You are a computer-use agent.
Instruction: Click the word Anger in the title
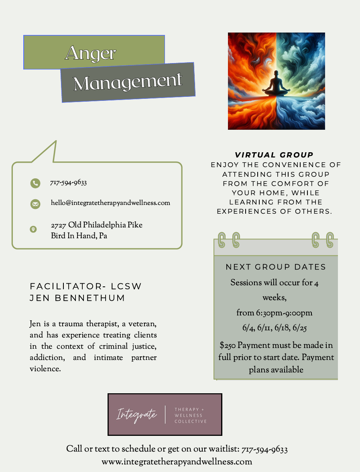click(x=91, y=53)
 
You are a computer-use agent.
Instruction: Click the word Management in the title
click(x=128, y=82)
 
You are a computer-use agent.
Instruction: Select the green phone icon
click(x=35, y=183)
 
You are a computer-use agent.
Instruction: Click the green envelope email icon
click(x=35, y=204)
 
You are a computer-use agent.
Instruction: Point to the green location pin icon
click(x=33, y=229)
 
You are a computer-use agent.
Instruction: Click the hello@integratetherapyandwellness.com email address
click(x=110, y=203)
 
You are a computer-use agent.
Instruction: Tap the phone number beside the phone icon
click(x=68, y=183)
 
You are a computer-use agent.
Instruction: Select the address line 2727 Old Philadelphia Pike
click(x=97, y=225)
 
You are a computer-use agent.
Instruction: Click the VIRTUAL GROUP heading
click(x=274, y=155)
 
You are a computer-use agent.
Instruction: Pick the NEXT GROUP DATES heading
click(x=276, y=267)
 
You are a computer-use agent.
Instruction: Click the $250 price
click(x=228, y=345)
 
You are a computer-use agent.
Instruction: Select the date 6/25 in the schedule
click(x=300, y=328)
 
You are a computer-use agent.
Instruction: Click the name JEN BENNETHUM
click(x=77, y=298)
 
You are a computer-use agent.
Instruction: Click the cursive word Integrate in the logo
click(x=136, y=415)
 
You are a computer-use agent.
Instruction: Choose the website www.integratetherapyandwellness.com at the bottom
click(x=177, y=462)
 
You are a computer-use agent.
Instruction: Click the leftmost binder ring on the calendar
click(x=222, y=240)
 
